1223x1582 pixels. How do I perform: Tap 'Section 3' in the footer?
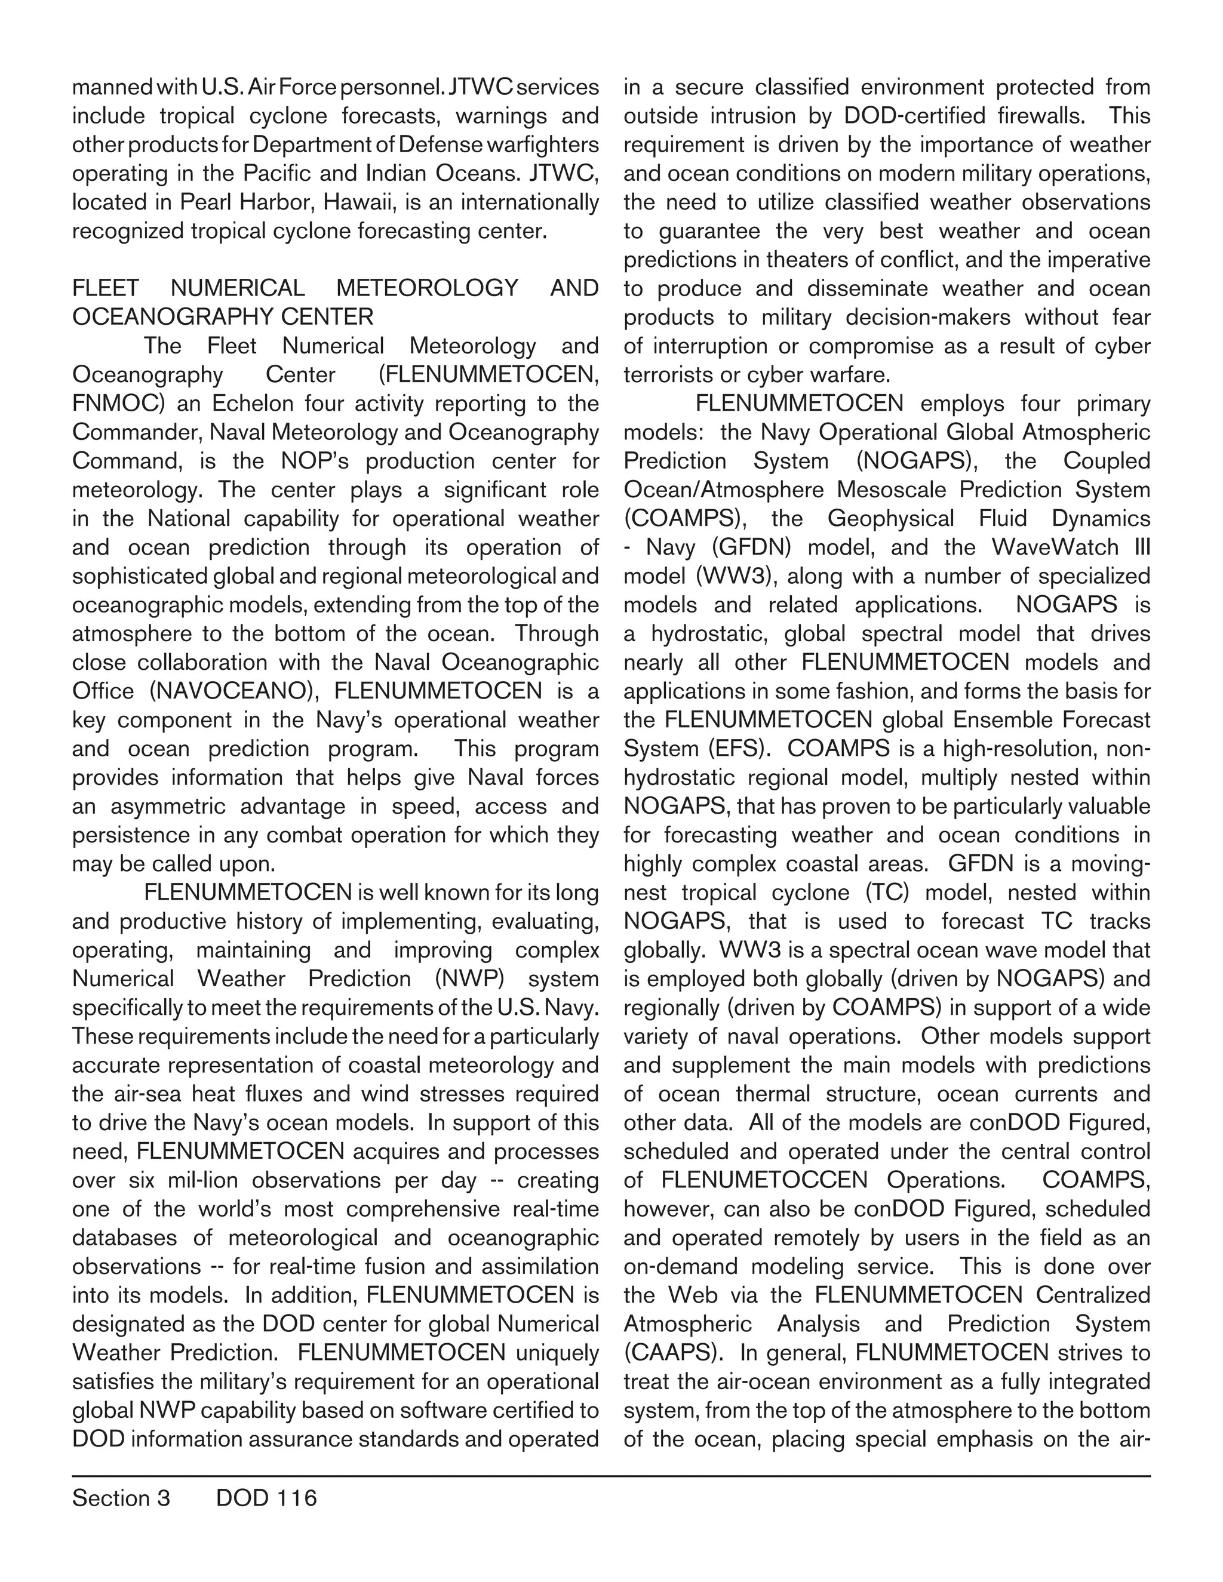coord(121,1497)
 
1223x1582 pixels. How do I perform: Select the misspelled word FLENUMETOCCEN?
coord(764,1180)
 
